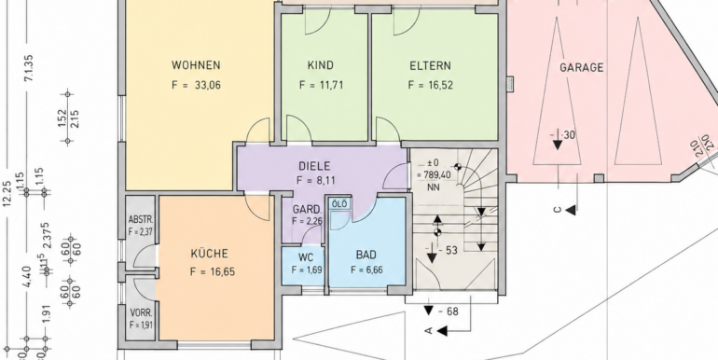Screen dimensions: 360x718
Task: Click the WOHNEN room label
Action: tap(196, 65)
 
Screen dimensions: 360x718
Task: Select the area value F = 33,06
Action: tap(196, 86)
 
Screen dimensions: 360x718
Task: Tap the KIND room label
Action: tap(321, 65)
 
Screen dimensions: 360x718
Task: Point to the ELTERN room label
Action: tap(430, 65)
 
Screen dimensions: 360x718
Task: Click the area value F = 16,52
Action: tap(430, 85)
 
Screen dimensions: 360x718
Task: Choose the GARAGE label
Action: tap(582, 68)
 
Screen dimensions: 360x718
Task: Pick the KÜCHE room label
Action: tap(209, 253)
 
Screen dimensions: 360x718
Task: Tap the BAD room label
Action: tap(366, 254)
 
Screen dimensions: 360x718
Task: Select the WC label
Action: tap(305, 257)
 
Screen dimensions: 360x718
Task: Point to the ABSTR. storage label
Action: tap(140, 221)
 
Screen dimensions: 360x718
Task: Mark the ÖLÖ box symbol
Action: tap(340, 204)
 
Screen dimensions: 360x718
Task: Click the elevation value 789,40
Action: tap(431, 173)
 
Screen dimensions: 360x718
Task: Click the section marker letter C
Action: tap(557, 210)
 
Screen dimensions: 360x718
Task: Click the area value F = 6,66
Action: tap(366, 270)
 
